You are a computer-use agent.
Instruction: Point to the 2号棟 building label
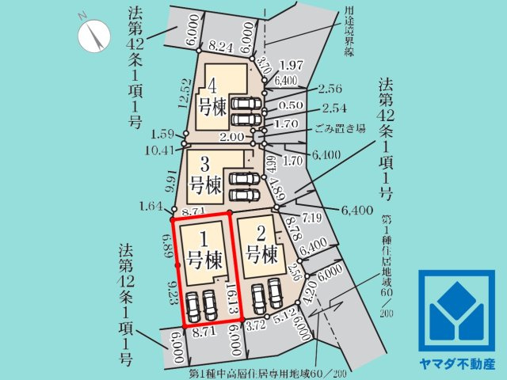pyautogui.click(x=261, y=245)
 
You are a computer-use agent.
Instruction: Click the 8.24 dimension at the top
pyautogui.click(x=223, y=47)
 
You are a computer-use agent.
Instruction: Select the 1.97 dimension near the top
pyautogui.click(x=292, y=64)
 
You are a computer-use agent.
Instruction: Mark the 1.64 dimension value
pyautogui.click(x=148, y=207)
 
